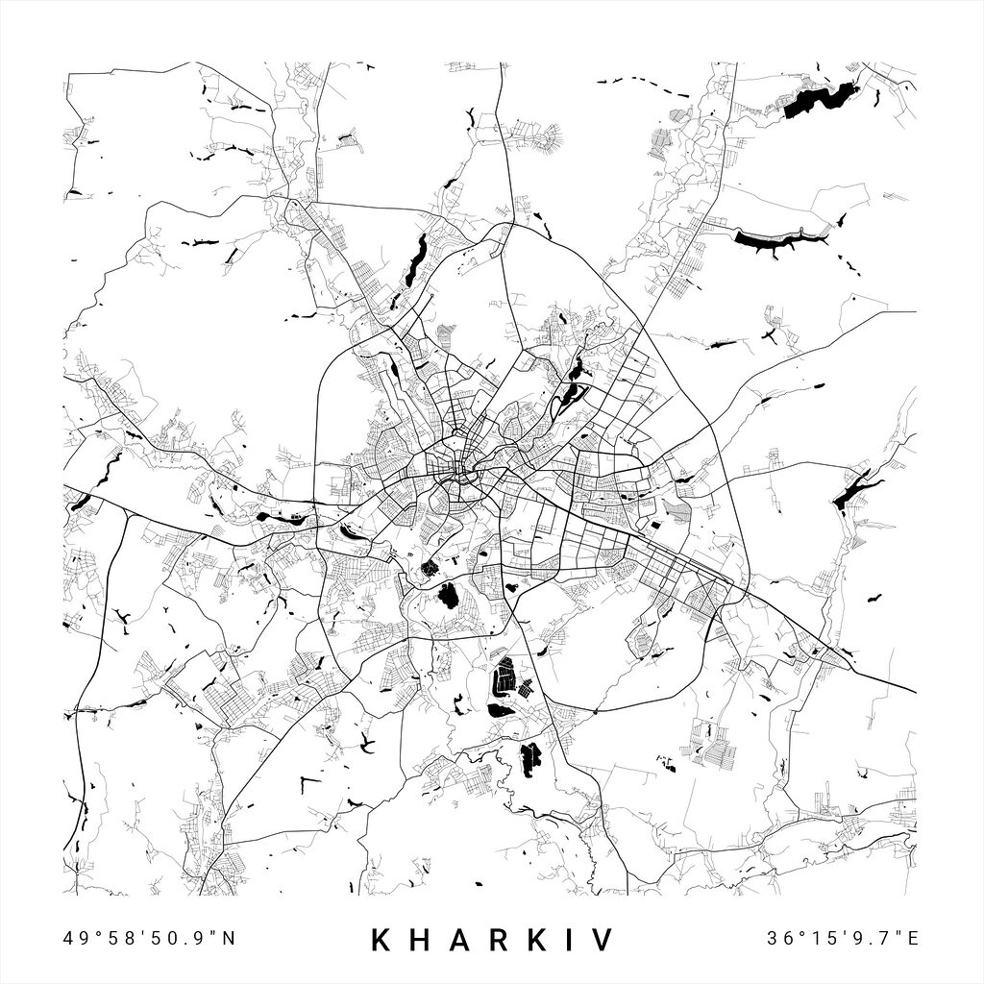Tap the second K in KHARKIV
click(x=548, y=940)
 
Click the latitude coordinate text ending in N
click(x=149, y=938)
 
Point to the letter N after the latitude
click(x=229, y=938)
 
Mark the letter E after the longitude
click(x=914, y=938)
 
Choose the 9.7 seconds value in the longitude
click(x=877, y=938)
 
